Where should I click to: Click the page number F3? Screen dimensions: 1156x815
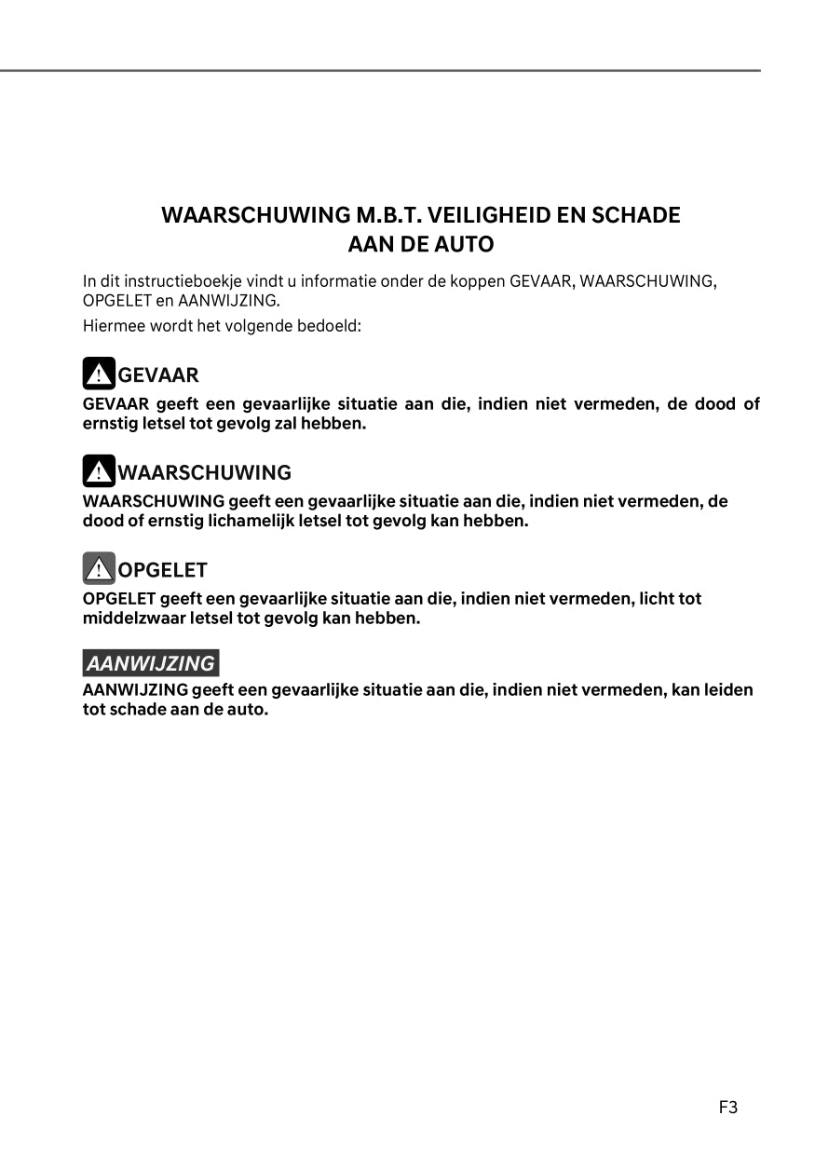click(727, 1108)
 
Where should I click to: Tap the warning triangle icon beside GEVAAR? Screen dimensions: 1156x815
click(99, 374)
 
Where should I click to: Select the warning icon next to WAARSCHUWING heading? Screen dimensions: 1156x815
click(99, 471)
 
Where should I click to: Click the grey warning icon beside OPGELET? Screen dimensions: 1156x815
click(99, 568)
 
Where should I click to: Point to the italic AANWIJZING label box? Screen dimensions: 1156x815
click(151, 663)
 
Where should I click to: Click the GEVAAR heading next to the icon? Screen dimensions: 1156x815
click(158, 375)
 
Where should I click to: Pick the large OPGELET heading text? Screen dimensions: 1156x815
click(163, 570)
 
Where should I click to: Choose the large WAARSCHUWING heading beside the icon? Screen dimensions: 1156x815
click(205, 472)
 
